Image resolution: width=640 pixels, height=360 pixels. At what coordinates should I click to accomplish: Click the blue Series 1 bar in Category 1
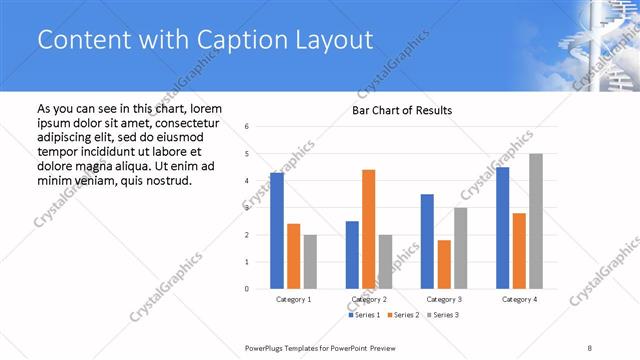click(276, 231)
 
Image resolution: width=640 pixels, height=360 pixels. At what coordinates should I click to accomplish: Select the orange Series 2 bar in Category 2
click(368, 229)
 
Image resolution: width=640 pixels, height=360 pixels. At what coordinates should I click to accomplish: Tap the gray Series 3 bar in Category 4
click(536, 221)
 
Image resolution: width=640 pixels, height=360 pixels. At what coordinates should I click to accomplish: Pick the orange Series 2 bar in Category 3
click(444, 264)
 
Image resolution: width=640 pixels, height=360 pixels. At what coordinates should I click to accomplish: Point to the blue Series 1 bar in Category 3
click(427, 241)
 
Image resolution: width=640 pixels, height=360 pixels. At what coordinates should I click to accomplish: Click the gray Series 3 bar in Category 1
click(310, 262)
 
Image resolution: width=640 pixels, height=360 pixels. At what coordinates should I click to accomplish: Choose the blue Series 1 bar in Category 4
click(502, 228)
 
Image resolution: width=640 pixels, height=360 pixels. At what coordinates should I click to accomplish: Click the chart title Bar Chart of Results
click(402, 110)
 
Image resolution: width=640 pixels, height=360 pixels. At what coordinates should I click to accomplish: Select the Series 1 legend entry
click(364, 315)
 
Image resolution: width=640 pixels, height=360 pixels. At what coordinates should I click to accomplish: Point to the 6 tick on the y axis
click(247, 127)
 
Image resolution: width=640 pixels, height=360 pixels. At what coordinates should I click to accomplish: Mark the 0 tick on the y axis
click(247, 289)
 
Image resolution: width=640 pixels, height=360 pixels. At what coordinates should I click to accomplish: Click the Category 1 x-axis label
click(293, 299)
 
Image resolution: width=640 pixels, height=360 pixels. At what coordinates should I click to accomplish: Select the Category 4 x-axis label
click(519, 299)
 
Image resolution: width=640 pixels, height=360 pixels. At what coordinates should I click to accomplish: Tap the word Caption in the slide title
click(239, 40)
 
